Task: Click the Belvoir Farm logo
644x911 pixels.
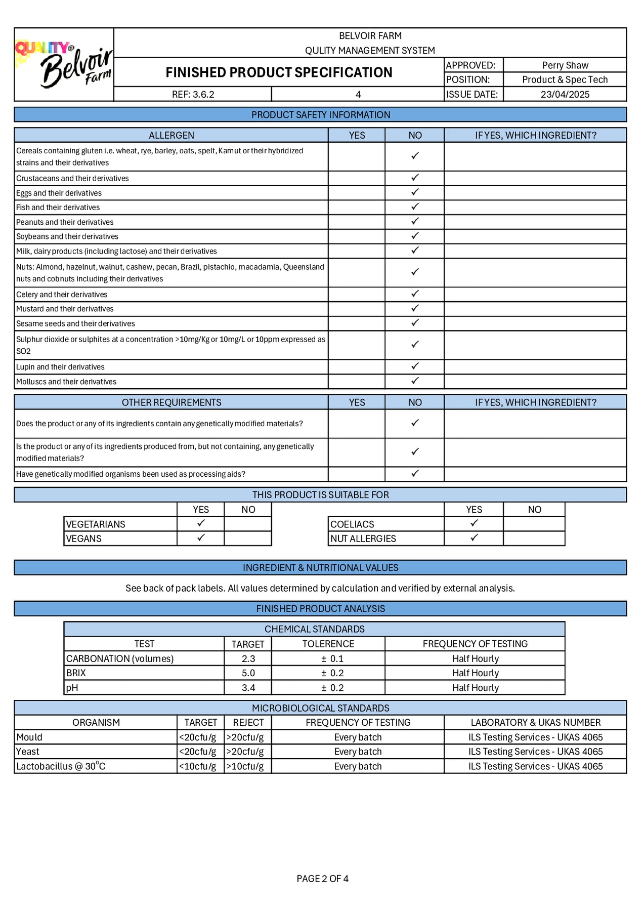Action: click(64, 64)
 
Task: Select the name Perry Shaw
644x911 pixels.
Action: click(565, 65)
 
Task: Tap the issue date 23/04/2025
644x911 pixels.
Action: click(565, 94)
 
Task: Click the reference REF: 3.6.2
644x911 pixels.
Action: click(193, 94)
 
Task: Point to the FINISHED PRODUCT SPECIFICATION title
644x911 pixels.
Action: click(279, 72)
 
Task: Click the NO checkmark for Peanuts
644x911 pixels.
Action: click(415, 221)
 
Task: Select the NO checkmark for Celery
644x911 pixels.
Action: click(415, 294)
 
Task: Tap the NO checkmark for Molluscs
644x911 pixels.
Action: click(415, 381)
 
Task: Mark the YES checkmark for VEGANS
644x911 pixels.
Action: click(201, 537)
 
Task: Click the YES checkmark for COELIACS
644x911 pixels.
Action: click(474, 523)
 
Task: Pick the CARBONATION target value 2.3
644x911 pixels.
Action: click(248, 658)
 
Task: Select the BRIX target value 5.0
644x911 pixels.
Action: click(248, 673)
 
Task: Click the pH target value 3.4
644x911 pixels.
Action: click(248, 688)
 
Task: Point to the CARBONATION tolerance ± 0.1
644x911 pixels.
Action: click(332, 658)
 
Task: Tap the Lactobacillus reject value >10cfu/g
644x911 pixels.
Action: click(245, 766)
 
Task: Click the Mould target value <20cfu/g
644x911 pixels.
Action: click(198, 737)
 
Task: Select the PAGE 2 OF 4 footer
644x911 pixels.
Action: click(322, 879)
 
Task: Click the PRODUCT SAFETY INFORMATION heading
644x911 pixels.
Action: click(321, 115)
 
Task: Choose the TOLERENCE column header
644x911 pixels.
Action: click(328, 644)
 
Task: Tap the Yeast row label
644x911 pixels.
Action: click(28, 752)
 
